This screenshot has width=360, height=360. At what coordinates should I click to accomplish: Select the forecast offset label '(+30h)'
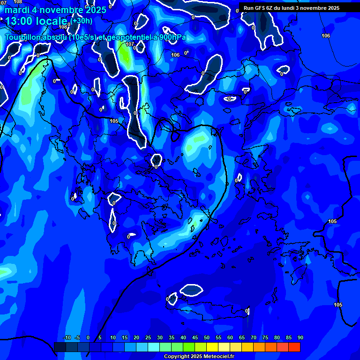click(x=82, y=21)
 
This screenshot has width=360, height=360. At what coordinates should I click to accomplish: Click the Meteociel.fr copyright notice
click(x=199, y=357)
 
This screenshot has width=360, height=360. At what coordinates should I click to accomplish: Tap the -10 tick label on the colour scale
click(x=67, y=337)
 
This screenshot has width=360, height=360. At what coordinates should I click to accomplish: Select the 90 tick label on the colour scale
click(x=300, y=337)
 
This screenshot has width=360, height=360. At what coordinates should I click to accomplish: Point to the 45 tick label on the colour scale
click(x=195, y=337)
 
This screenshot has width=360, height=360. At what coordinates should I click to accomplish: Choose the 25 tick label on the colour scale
click(x=148, y=337)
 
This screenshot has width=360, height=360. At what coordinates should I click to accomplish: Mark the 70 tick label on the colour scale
click(x=253, y=337)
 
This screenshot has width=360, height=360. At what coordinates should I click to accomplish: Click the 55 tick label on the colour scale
click(x=218, y=337)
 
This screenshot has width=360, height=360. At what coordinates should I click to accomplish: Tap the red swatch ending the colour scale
click(x=294, y=347)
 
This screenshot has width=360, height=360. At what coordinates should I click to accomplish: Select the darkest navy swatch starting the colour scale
click(x=60, y=347)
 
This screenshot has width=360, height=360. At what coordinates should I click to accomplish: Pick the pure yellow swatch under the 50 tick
click(x=212, y=347)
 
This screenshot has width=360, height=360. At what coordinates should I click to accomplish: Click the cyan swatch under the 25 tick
click(x=154, y=347)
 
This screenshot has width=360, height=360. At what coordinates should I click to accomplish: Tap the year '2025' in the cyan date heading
click(x=94, y=10)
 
